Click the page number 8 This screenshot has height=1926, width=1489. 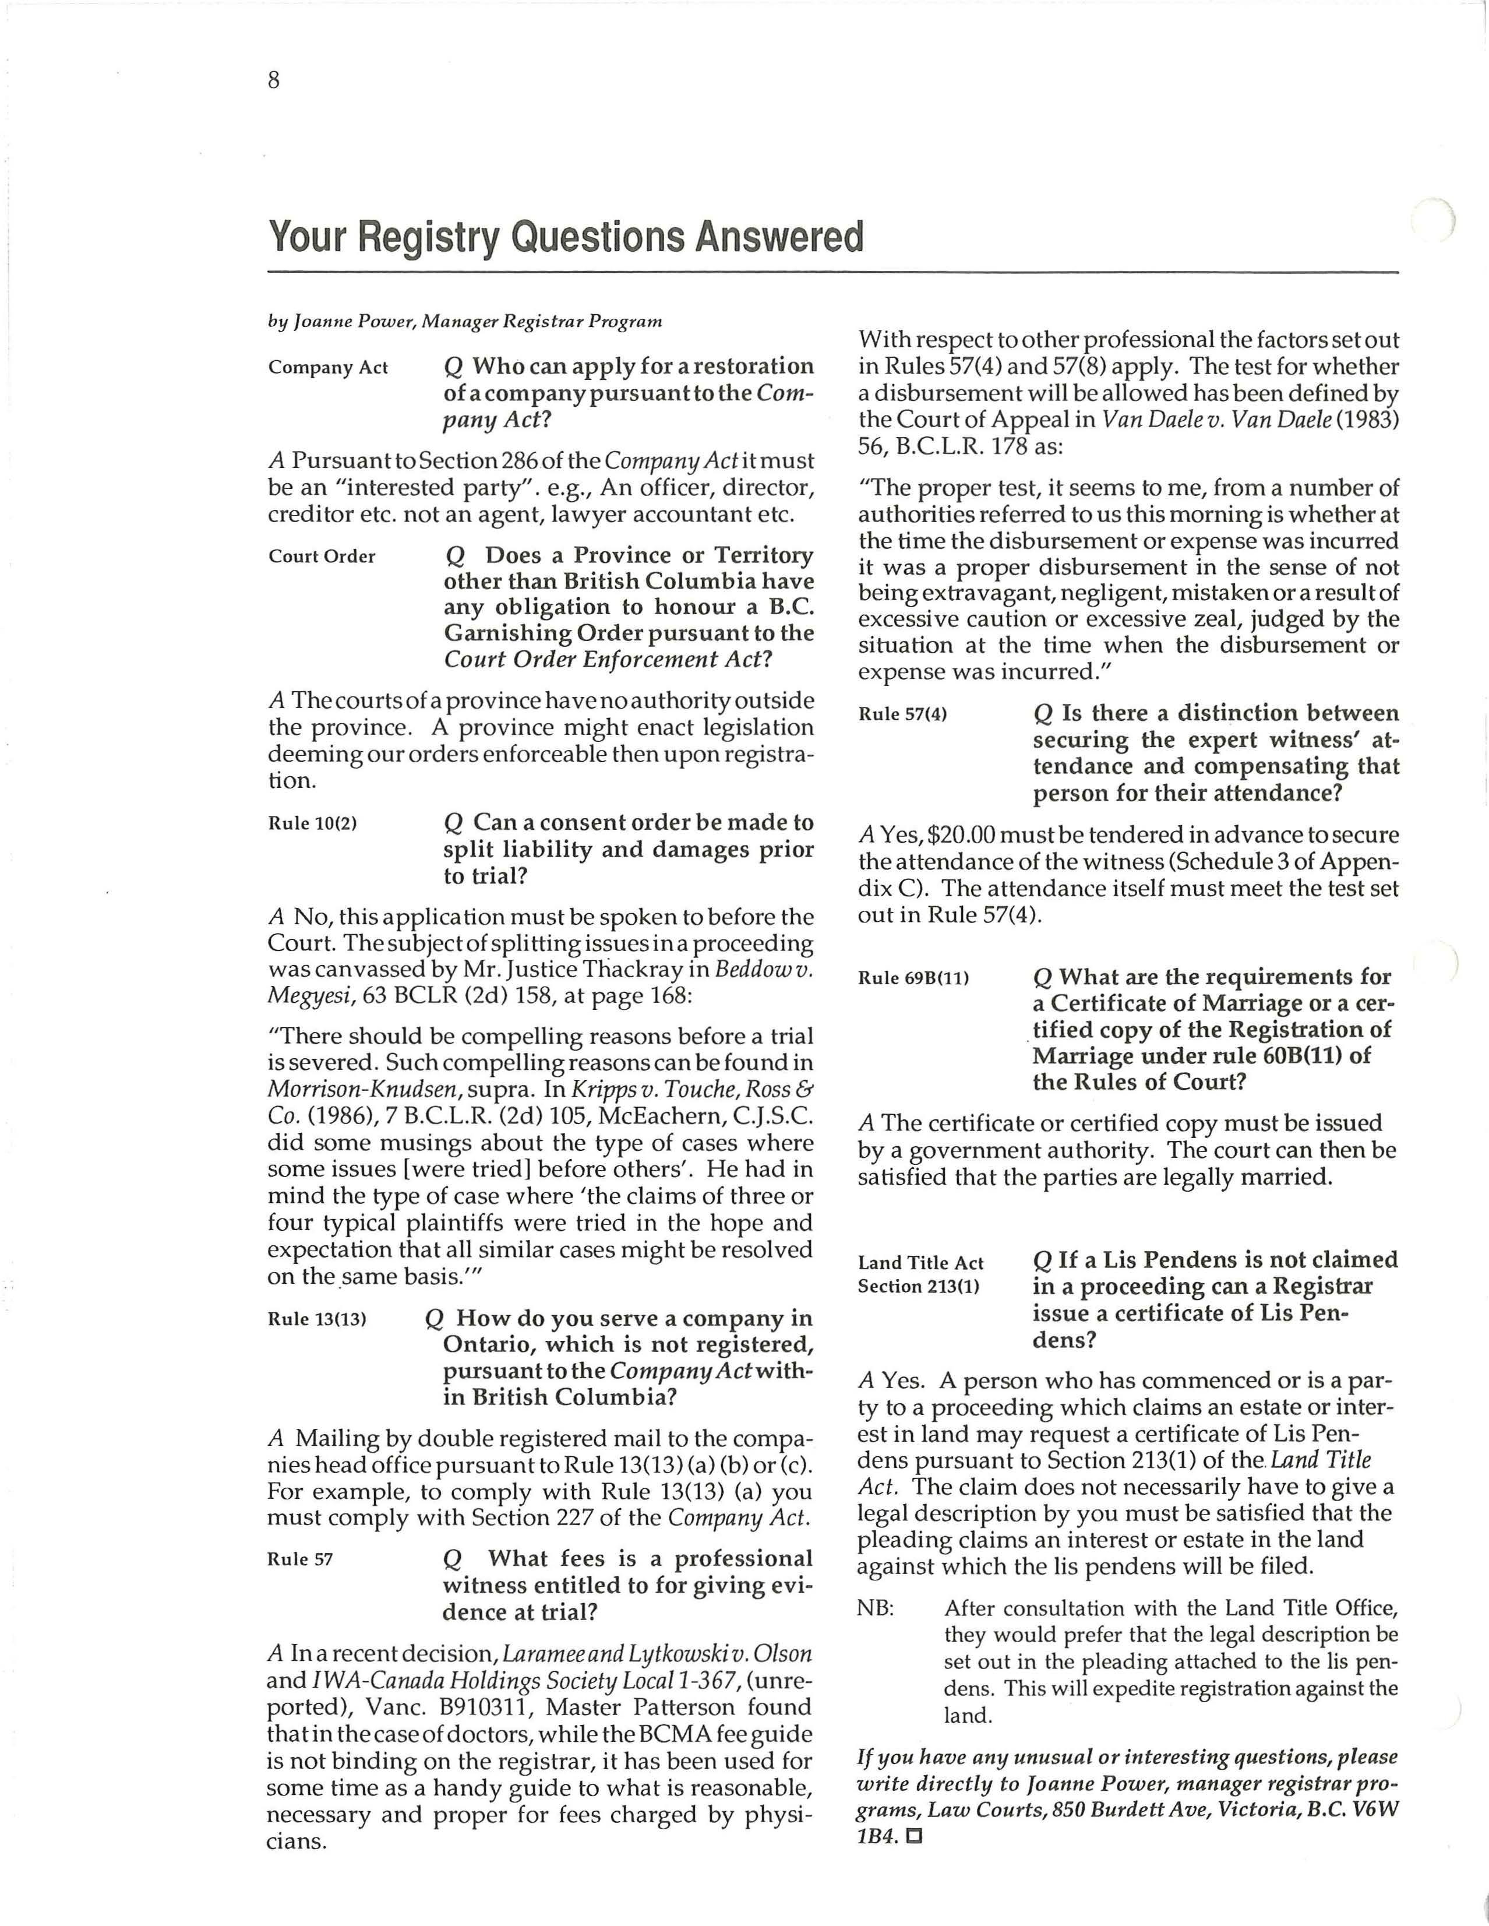pyautogui.click(x=273, y=81)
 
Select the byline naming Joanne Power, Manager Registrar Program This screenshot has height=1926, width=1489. pyautogui.click(x=465, y=321)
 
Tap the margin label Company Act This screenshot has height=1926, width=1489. pyautogui.click(x=328, y=368)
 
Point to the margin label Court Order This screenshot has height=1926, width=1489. pyautogui.click(x=322, y=557)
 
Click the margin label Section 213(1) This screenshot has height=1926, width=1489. pyautogui.click(x=919, y=1287)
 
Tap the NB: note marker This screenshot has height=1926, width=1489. pyautogui.click(x=876, y=1608)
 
